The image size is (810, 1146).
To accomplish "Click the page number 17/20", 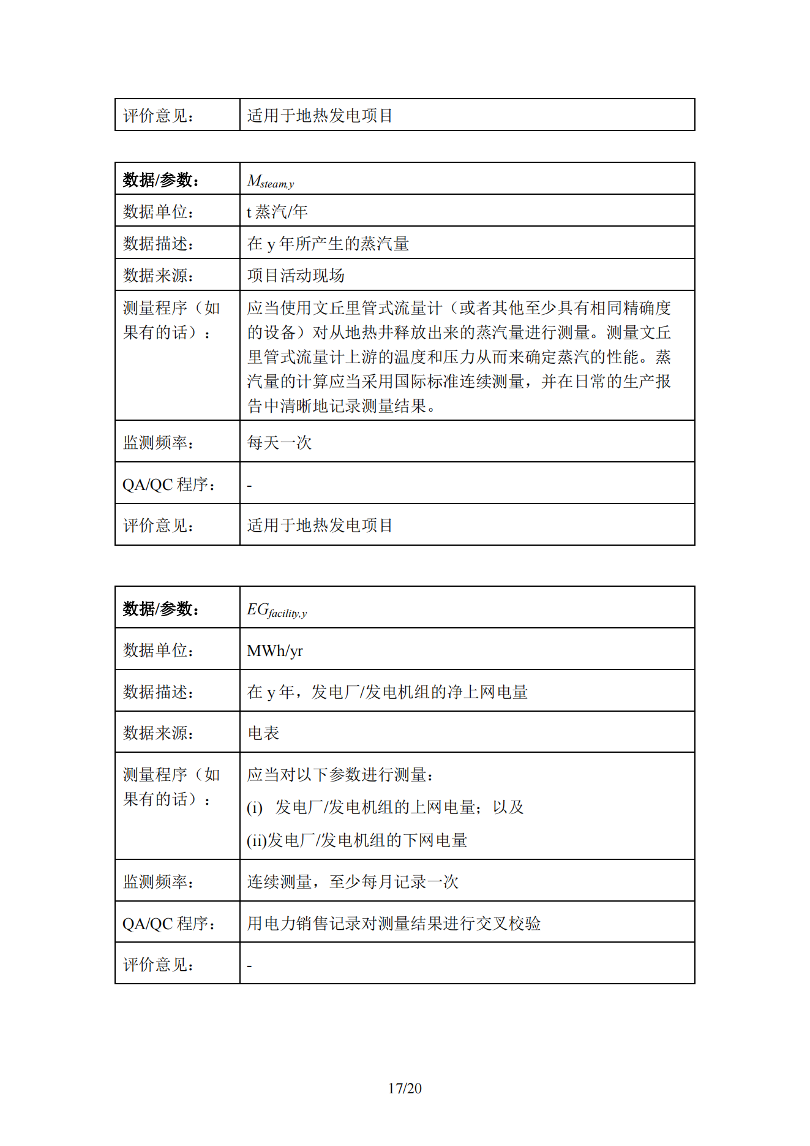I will tap(405, 1088).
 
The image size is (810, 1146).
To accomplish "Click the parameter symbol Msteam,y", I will tap(270, 181).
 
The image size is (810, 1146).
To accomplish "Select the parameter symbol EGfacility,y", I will tap(277, 610).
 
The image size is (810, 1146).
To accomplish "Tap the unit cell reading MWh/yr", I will tap(275, 650).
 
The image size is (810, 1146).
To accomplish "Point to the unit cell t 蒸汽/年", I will tap(277, 212).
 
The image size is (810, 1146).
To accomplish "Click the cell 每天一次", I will tap(279, 442).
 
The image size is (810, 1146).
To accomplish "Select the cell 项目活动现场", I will tap(296, 276).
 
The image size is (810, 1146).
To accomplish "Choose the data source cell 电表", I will tap(263, 733).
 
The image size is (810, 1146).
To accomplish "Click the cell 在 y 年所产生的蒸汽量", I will tap(328, 244).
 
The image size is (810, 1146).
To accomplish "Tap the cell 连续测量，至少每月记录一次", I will tap(353, 881).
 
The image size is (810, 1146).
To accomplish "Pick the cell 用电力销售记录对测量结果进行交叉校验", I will tap(394, 923).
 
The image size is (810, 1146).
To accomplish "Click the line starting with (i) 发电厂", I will tap(385, 807).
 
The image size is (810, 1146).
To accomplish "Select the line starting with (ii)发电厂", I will tap(357, 840).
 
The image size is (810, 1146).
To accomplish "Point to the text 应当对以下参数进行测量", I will tap(340, 775).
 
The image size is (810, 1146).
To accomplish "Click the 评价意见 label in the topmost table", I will tap(158, 116).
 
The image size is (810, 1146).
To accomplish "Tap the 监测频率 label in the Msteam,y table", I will tap(158, 442).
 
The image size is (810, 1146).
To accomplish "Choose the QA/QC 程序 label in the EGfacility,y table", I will tap(169, 923).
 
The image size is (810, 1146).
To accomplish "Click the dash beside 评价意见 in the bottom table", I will tap(249, 966).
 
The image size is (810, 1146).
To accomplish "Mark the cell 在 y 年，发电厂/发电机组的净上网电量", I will tap(387, 692).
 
